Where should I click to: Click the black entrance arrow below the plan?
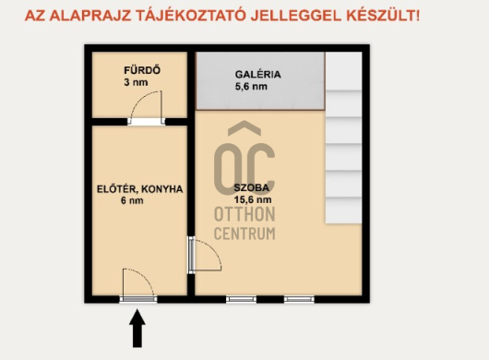137,329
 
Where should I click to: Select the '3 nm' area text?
136,83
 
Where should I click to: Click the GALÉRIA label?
257,74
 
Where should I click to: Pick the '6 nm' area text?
133,201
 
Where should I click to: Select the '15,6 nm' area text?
252,199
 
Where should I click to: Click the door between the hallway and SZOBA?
202,256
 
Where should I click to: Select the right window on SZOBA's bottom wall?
298,299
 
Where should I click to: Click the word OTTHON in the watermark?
244,214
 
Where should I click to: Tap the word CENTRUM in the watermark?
244,234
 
